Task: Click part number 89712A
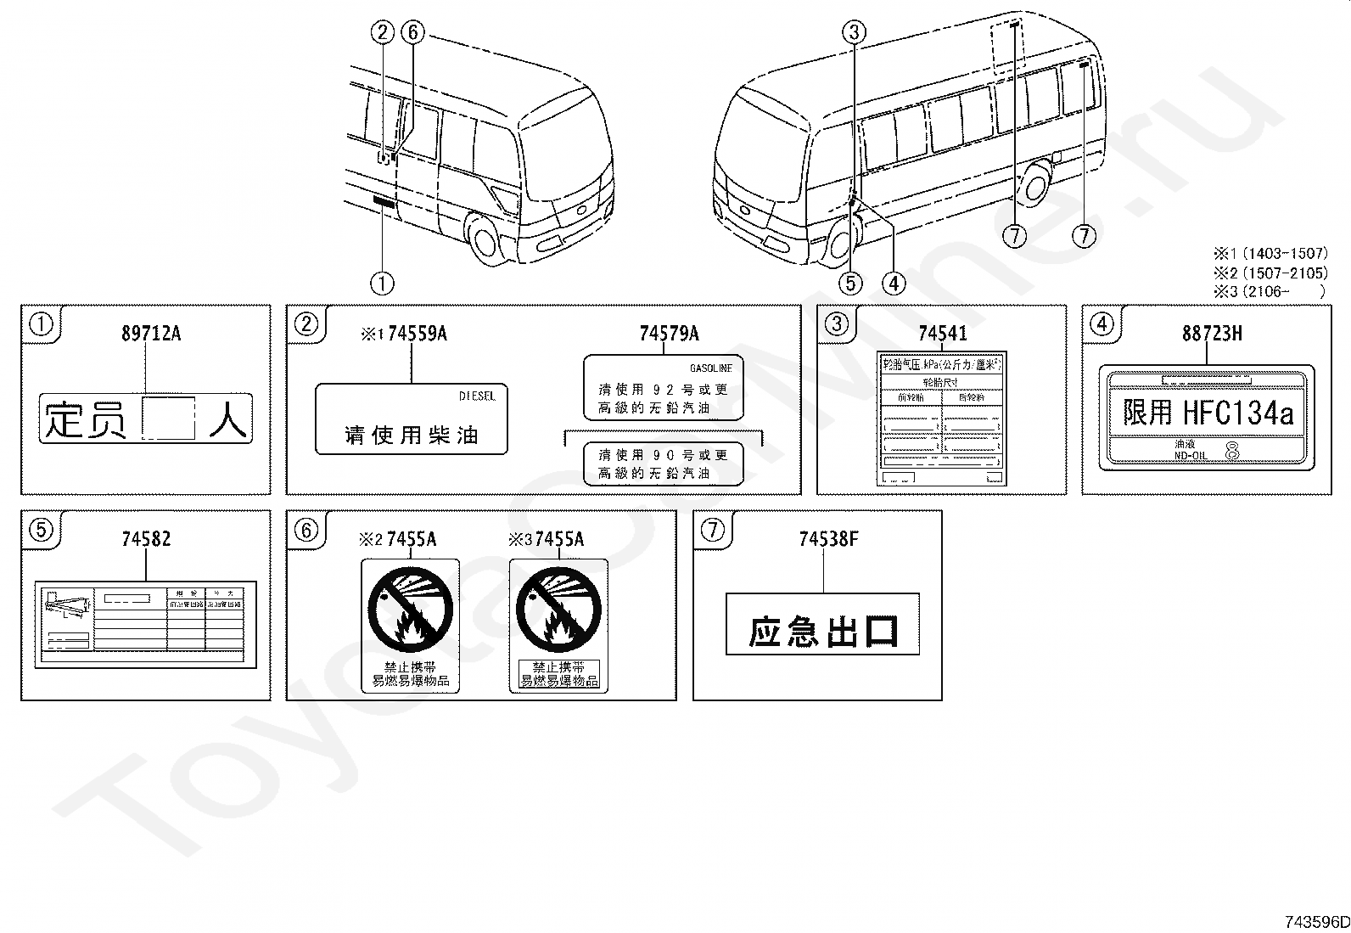[150, 333]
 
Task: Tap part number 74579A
[669, 333]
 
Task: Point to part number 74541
[942, 333]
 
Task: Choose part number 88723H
[1211, 333]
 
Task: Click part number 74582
[146, 538]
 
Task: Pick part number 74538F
[827, 538]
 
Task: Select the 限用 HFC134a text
[1208, 413]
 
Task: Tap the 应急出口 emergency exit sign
[822, 632]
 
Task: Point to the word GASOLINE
[710, 368]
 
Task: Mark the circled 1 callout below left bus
[382, 283]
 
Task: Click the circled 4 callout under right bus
[893, 283]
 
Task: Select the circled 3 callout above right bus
[854, 33]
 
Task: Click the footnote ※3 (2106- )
[1270, 290]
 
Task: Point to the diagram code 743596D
[1315, 922]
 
